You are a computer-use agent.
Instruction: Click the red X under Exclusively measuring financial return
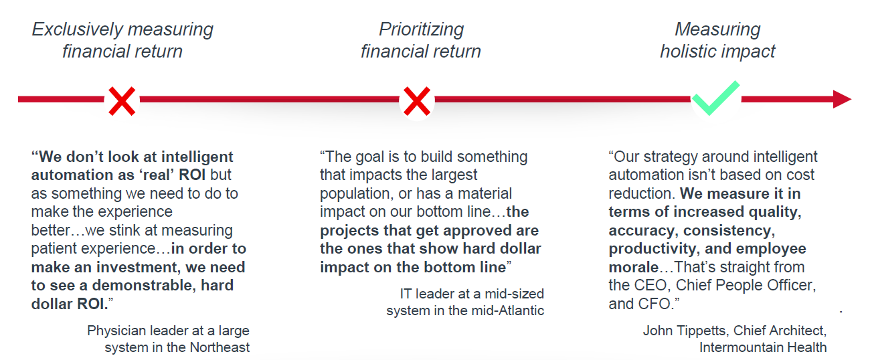point(122,101)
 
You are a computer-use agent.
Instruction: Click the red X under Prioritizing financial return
point(417,101)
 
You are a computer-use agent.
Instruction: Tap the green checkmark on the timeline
point(716,98)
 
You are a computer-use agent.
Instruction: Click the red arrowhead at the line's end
point(842,100)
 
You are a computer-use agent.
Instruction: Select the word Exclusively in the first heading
point(77,30)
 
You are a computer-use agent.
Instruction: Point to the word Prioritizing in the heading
point(422,30)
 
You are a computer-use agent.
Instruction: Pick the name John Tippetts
point(686,331)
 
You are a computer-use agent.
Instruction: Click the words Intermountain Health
point(763,347)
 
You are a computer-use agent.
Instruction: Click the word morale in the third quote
point(634,267)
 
